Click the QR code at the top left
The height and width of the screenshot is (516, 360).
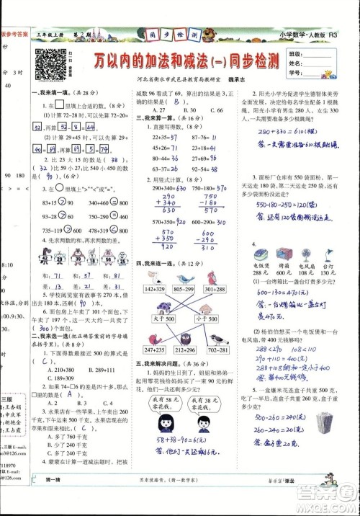[x=49, y=63]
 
